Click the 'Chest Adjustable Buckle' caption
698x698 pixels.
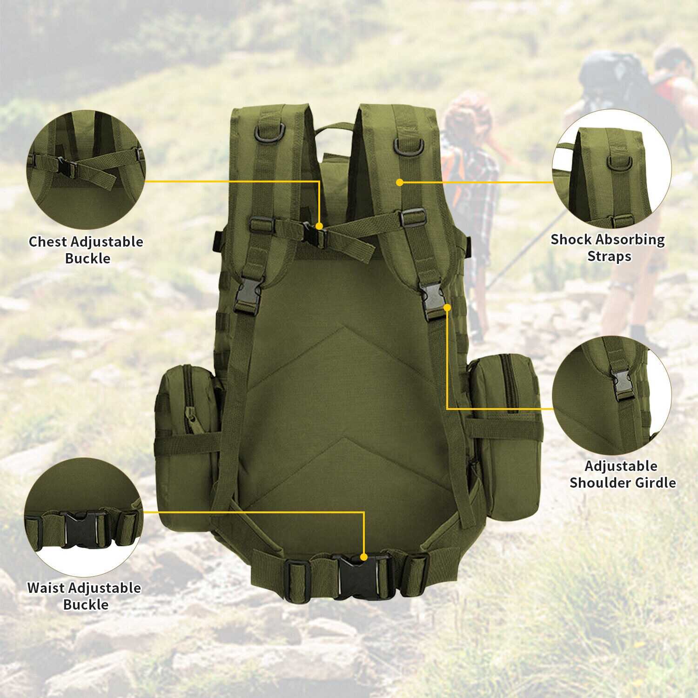[86, 250]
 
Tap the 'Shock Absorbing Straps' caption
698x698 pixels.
[608, 248]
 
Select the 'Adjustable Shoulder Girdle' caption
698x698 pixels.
[623, 474]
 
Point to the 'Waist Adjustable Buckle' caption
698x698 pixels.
[84, 596]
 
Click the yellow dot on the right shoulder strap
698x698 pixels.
[400, 182]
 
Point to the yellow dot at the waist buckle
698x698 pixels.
[364, 556]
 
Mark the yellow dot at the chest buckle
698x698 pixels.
[319, 226]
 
